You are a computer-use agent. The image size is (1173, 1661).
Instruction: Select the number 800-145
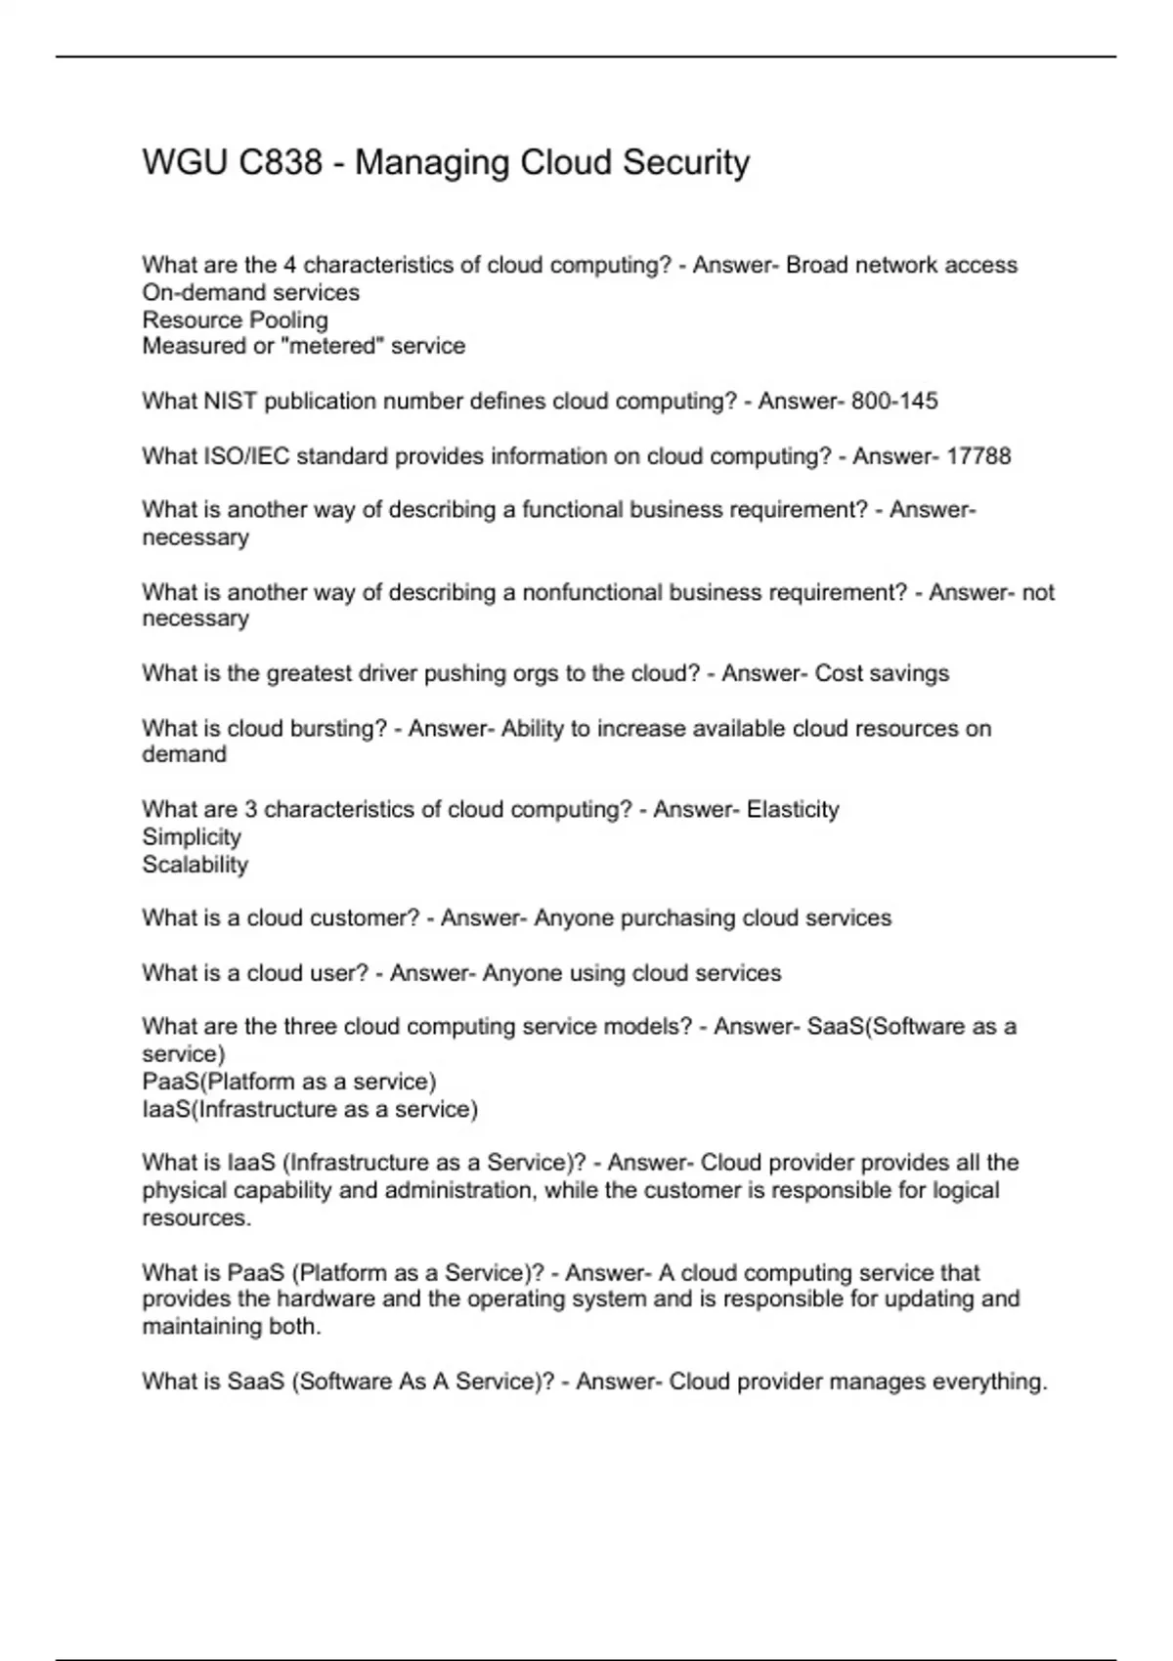coord(894,402)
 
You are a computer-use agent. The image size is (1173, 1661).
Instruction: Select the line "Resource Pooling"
coord(235,319)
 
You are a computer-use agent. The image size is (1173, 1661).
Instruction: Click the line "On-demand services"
coord(250,292)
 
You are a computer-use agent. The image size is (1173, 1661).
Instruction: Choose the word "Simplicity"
coord(192,837)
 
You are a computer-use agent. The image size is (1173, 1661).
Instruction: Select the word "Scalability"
coord(195,865)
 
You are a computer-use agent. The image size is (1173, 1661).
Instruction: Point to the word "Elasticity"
coord(793,810)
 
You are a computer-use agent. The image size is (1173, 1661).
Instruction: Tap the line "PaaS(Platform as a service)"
coord(289,1082)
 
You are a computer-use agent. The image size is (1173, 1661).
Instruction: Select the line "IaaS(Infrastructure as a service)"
coord(310,1109)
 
